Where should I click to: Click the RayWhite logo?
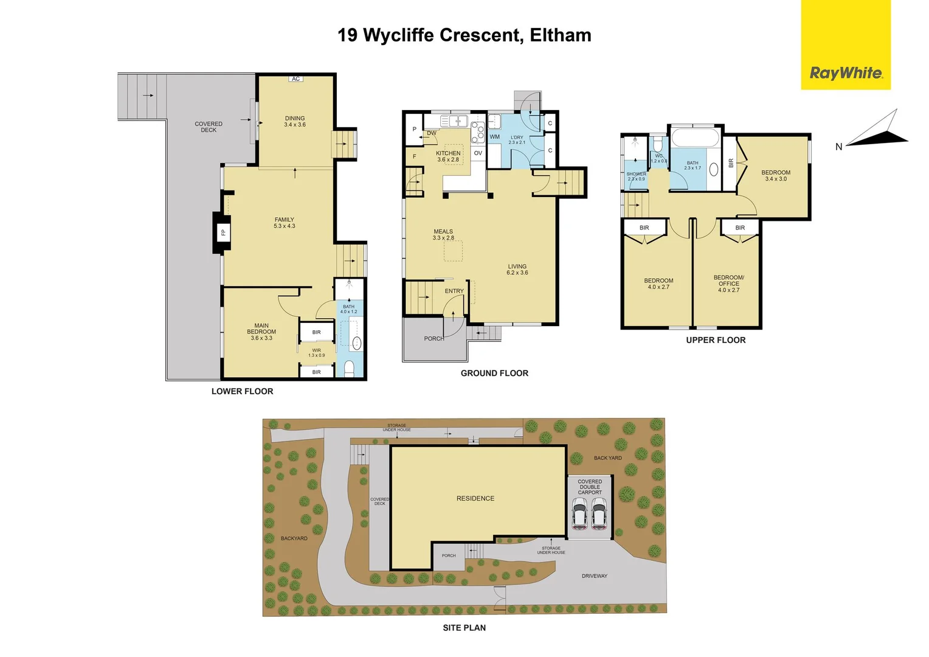[x=845, y=73]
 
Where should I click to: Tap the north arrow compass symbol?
[x=875, y=131]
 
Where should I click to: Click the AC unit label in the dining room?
[x=295, y=79]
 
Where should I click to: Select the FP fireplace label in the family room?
[x=223, y=232]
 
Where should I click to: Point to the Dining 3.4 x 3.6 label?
[x=295, y=122]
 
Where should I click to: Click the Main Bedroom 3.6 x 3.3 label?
[x=261, y=332]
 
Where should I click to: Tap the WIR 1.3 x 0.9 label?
[x=316, y=353]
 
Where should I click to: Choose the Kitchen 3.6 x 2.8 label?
[x=448, y=156]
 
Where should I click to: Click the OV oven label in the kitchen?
[x=478, y=153]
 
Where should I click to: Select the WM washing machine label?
[x=494, y=137]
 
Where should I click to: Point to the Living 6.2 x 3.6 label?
[x=517, y=269]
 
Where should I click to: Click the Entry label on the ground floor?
[x=454, y=291]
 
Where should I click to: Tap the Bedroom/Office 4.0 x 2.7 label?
[x=728, y=283]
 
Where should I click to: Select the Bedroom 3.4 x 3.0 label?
[x=776, y=176]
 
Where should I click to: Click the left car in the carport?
[x=579, y=514]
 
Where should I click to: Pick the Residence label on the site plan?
[x=475, y=498]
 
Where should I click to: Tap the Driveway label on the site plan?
[x=594, y=576]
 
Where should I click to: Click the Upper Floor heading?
[x=716, y=340]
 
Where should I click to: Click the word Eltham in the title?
[x=561, y=35]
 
